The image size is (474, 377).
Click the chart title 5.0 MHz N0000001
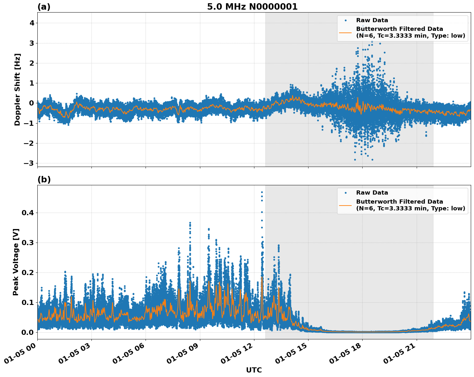pos(252,7)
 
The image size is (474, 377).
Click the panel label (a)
pos(44,7)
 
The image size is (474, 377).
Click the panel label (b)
pos(44,179)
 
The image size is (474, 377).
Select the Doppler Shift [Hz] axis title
pos(17,89)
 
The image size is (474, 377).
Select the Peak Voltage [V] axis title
pos(16,262)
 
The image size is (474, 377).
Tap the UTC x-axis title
pos(254,370)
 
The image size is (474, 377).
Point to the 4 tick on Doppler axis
pos(32,23)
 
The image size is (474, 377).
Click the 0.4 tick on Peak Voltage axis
pos(27,213)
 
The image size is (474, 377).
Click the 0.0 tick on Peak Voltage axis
pos(27,332)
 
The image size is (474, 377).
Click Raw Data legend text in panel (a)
pos(372,20)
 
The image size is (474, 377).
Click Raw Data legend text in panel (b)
pos(372,193)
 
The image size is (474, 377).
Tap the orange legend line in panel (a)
pos(345,32)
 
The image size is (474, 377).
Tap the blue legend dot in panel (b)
pos(345,193)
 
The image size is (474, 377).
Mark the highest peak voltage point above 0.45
pos(262,192)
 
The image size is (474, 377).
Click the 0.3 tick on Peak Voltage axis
pos(27,243)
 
